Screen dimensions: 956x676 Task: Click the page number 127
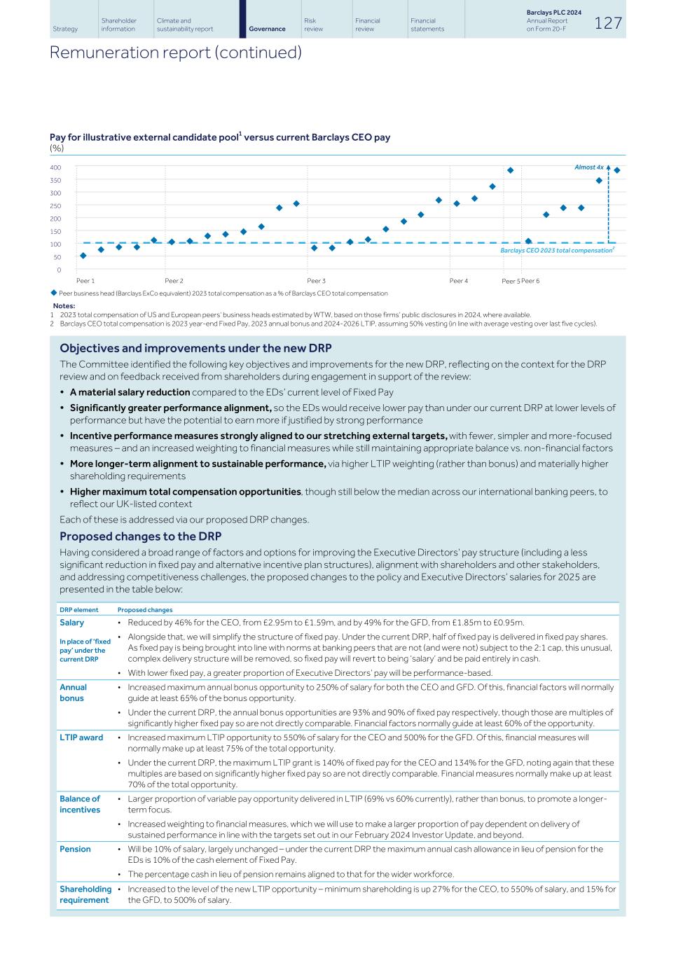point(607,23)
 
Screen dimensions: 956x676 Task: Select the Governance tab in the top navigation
point(267,29)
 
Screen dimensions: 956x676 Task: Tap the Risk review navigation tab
point(313,25)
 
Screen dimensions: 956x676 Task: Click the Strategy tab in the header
point(65,29)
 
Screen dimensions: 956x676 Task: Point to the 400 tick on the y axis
point(55,167)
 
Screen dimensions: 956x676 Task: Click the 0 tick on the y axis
point(59,270)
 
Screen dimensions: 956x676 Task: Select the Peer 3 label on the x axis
point(316,281)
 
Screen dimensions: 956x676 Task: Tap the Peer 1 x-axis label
point(85,281)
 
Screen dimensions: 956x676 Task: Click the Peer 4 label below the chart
point(459,281)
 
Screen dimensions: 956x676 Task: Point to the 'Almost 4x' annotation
point(588,167)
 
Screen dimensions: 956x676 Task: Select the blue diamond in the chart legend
point(54,293)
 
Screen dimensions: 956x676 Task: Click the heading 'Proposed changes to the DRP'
point(140,536)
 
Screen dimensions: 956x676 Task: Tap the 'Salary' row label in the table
point(71,623)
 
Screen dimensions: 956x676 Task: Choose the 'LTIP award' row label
point(81,737)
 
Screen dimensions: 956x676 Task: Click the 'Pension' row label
point(75,849)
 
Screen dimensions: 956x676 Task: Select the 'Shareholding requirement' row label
point(85,894)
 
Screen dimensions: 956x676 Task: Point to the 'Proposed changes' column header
point(145,610)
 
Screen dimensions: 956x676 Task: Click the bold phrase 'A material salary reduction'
point(130,392)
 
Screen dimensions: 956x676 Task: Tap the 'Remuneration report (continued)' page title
point(175,53)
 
